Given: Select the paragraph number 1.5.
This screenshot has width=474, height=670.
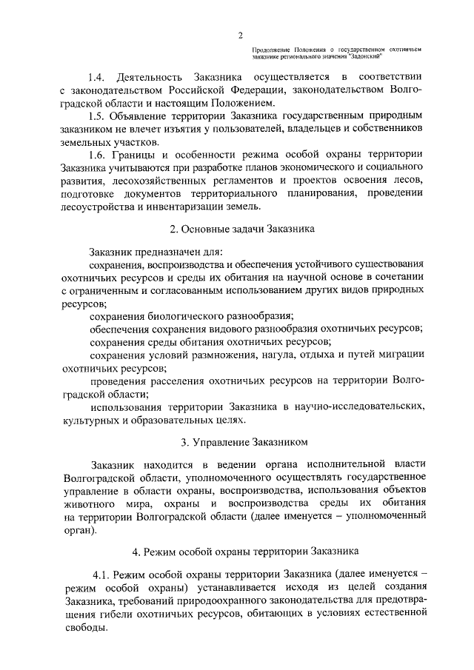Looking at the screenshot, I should click(x=97, y=116).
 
